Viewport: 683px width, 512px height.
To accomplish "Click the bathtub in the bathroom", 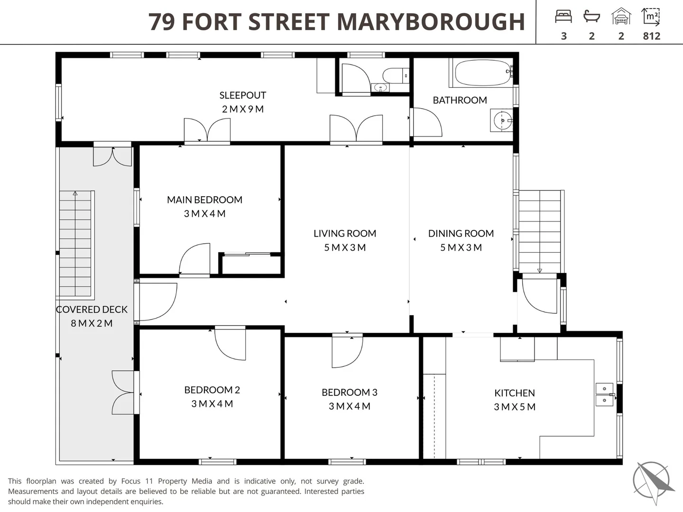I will click(482, 73).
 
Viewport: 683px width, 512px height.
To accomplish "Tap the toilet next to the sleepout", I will click(394, 75).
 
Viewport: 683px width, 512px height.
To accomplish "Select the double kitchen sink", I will click(604, 394).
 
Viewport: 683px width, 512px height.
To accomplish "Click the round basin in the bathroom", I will click(502, 120).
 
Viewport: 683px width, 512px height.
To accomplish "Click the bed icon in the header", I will click(563, 17).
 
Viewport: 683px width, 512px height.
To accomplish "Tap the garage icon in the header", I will click(621, 17).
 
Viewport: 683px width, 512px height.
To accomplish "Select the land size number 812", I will click(652, 36).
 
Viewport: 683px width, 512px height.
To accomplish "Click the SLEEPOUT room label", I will click(242, 95).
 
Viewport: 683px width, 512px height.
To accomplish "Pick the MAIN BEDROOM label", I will click(204, 200).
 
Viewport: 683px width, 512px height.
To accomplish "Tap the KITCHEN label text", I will click(514, 393).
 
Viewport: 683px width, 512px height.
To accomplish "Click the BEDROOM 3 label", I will click(349, 393).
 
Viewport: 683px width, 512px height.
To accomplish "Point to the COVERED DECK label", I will click(92, 310).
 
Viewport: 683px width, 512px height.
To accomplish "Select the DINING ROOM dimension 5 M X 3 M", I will click(461, 247).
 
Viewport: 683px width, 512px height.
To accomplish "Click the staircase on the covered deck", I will click(75, 243).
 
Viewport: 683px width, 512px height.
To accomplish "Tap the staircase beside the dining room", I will click(539, 231).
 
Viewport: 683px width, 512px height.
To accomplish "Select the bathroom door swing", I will click(426, 123).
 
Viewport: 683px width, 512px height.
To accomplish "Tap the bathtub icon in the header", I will click(591, 17).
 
